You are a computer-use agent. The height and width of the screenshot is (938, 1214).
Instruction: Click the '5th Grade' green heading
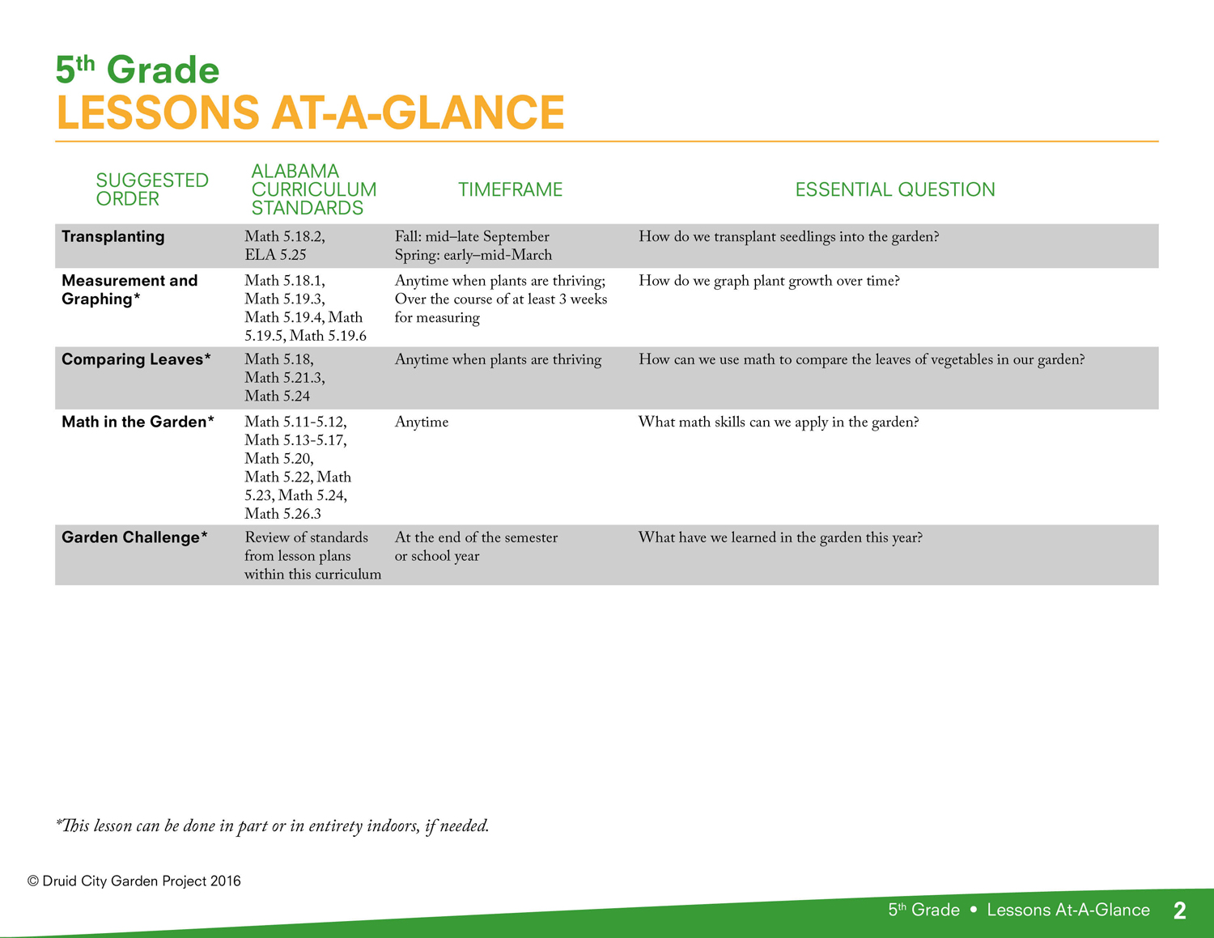pyautogui.click(x=137, y=70)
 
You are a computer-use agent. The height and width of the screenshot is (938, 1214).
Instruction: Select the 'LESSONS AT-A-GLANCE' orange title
pyautogui.click(x=311, y=112)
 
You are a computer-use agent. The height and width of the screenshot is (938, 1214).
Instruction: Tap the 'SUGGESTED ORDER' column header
pyautogui.click(x=152, y=189)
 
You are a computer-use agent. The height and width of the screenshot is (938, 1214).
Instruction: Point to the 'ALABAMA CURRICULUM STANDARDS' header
pyautogui.click(x=313, y=189)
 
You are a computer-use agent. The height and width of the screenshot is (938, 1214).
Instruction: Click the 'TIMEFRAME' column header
pyautogui.click(x=510, y=190)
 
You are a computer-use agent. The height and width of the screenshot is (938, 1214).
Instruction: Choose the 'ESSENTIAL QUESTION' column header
pyautogui.click(x=895, y=190)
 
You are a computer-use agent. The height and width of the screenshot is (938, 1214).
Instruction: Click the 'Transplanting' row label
pyautogui.click(x=112, y=236)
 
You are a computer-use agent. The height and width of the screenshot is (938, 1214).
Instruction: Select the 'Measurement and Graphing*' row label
pyautogui.click(x=129, y=290)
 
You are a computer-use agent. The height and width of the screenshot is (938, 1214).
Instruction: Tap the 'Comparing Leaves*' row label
pyautogui.click(x=136, y=359)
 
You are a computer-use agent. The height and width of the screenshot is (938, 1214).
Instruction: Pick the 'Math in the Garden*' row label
pyautogui.click(x=138, y=422)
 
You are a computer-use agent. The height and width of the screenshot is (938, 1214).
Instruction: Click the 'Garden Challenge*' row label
pyautogui.click(x=134, y=537)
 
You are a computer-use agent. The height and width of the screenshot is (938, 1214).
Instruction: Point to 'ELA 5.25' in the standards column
pyautogui.click(x=275, y=255)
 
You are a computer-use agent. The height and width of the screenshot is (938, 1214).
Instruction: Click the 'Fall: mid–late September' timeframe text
pyautogui.click(x=472, y=236)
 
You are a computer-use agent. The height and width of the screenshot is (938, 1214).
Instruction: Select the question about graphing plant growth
pyautogui.click(x=769, y=281)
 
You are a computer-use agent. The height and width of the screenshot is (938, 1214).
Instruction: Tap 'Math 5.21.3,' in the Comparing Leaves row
pyautogui.click(x=285, y=378)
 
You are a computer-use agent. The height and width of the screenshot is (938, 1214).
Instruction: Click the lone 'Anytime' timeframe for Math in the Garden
pyautogui.click(x=421, y=422)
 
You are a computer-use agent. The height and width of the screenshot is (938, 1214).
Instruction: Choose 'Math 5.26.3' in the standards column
pyautogui.click(x=282, y=513)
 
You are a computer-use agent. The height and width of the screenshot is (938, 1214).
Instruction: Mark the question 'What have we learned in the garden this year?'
pyautogui.click(x=780, y=538)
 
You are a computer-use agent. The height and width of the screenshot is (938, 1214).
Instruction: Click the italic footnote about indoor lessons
pyautogui.click(x=272, y=826)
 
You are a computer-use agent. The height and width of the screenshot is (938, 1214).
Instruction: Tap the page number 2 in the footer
pyautogui.click(x=1179, y=910)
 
